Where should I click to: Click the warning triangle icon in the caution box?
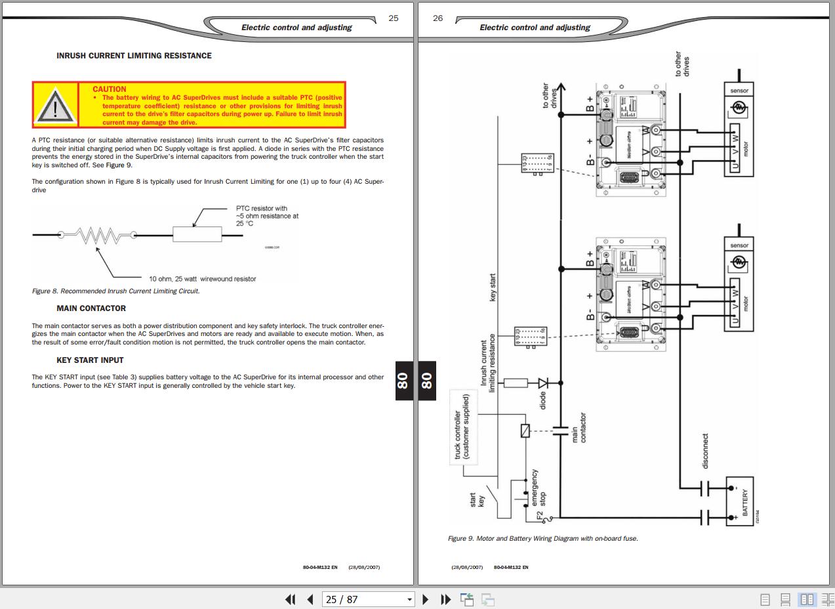click(55, 106)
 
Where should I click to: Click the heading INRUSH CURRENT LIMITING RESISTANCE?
click(134, 56)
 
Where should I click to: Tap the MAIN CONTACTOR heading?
click(91, 308)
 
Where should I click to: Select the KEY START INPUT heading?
click(90, 360)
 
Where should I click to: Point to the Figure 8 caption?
click(115, 291)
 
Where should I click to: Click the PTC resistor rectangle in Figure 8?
click(197, 234)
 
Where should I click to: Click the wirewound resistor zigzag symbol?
click(98, 235)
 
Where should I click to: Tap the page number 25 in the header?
click(394, 18)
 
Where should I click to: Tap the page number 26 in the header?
click(438, 18)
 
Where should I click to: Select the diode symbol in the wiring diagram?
click(544, 383)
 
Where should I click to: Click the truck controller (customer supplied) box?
click(462, 427)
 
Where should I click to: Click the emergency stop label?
click(539, 488)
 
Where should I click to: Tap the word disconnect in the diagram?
click(705, 451)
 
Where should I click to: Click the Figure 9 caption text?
click(542, 539)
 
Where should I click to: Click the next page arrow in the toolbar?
click(425, 599)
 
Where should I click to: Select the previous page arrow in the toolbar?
click(310, 599)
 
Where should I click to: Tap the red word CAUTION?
click(110, 89)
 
